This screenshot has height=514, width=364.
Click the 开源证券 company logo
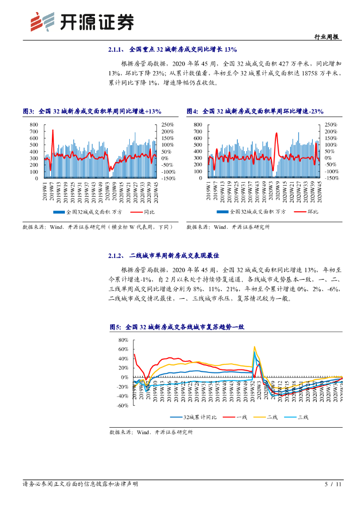coord(82,21)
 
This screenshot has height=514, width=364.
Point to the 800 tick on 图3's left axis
coord(33,124)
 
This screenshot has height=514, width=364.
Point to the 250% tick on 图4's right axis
coord(331,124)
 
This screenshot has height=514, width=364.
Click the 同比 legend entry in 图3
coord(143,212)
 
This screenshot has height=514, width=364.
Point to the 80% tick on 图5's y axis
coord(123,340)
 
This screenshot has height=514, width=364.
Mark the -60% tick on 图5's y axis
coord(122,406)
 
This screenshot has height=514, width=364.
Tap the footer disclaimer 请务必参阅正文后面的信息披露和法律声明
coord(80,484)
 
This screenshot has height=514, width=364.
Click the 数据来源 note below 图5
coord(151,432)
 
